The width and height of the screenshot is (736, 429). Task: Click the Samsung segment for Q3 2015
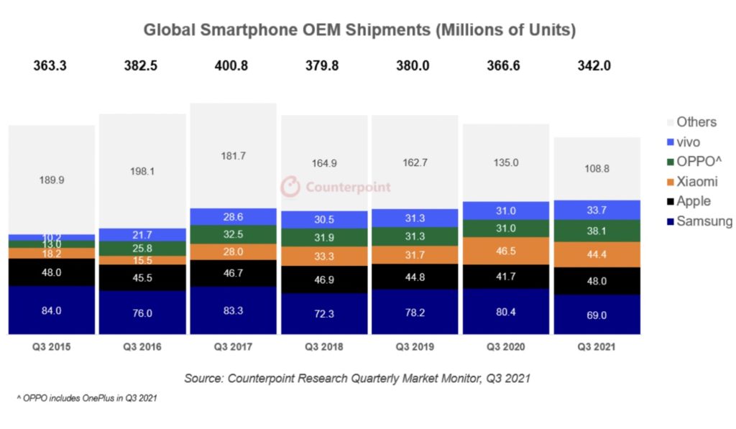pyautogui.click(x=52, y=310)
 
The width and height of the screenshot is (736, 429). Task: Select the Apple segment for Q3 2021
pyautogui.click(x=597, y=281)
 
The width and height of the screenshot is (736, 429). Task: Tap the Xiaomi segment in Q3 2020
pyautogui.click(x=506, y=251)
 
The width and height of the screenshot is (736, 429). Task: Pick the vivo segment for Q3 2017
pyautogui.click(x=233, y=216)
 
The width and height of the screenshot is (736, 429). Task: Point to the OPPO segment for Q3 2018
pyautogui.click(x=324, y=237)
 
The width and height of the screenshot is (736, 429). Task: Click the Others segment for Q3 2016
pyautogui.click(x=142, y=171)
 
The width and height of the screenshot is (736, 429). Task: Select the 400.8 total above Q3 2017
pyautogui.click(x=233, y=66)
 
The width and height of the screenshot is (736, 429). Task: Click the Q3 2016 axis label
pyautogui.click(x=142, y=347)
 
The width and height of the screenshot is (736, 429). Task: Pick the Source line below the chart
pyautogui.click(x=356, y=378)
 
